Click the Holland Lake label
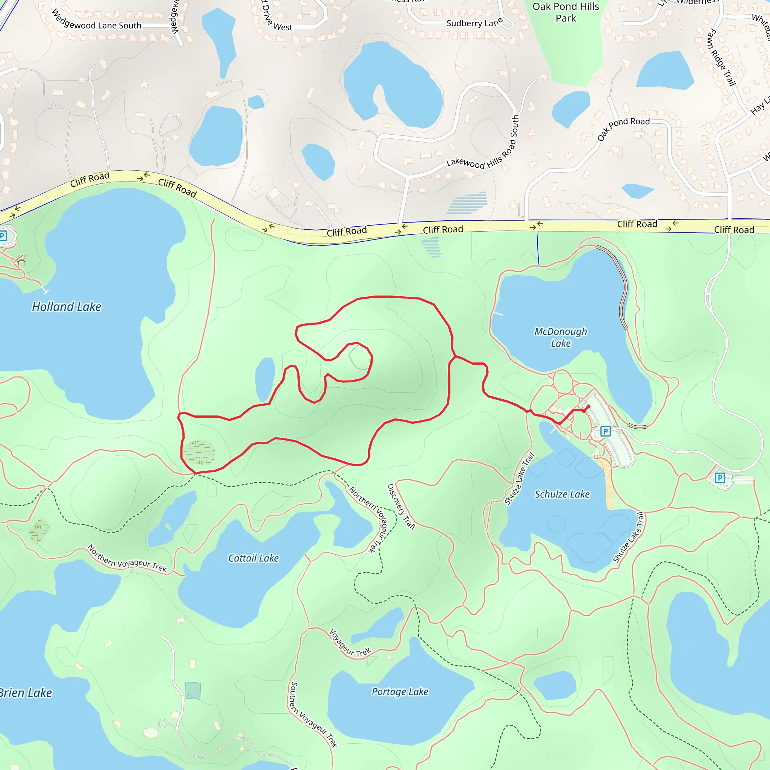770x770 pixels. [67, 307]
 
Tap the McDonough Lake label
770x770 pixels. [560, 337]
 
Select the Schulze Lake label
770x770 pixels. [562, 494]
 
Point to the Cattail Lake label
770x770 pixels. [253, 558]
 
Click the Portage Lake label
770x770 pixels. [400, 691]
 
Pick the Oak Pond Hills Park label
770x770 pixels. [565, 12]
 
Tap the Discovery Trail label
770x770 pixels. [401, 506]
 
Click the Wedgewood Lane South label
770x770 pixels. [97, 22]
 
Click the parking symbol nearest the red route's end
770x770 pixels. [605, 431]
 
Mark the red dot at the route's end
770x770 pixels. [588, 406]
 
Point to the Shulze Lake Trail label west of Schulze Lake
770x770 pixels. [519, 479]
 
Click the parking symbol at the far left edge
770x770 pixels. [3, 235]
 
